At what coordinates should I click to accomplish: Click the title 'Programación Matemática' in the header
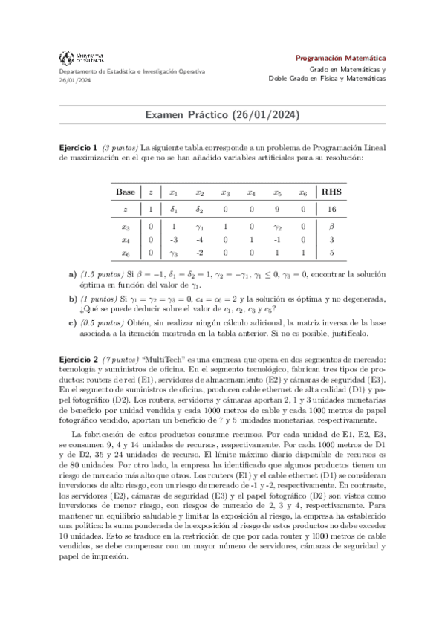pyautogui.click(x=340, y=57)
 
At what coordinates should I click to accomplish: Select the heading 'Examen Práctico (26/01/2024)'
pyautogui.click(x=222, y=115)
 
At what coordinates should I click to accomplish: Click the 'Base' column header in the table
pyautogui.click(x=126, y=191)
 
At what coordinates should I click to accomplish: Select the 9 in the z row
pyautogui.click(x=276, y=210)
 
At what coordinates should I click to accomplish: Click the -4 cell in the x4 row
pyautogui.click(x=199, y=240)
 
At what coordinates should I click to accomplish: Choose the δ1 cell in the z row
pyautogui.click(x=173, y=210)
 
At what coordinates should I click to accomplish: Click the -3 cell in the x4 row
pyautogui.click(x=173, y=240)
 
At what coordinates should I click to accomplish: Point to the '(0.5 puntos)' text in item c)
pyautogui.click(x=103, y=322)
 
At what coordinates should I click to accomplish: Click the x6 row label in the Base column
pyautogui.click(x=126, y=253)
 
